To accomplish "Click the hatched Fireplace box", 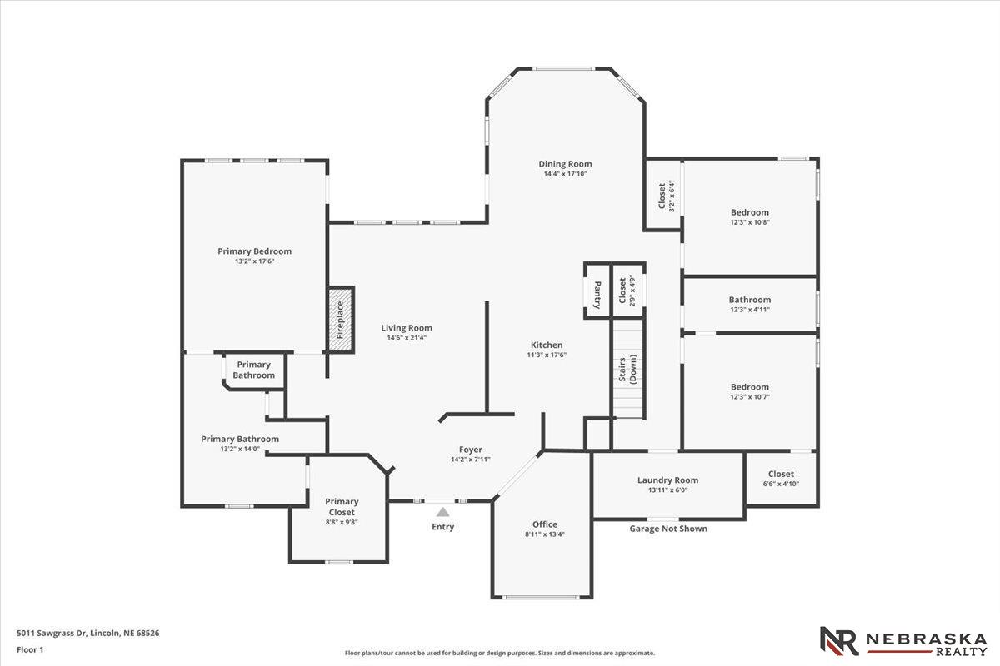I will coord(340,318).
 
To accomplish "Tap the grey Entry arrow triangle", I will coord(442,512).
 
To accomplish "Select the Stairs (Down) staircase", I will coord(629,370).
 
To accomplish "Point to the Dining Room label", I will coord(565,164).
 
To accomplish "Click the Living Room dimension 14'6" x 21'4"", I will coord(407,338).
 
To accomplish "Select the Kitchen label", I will coord(547,345).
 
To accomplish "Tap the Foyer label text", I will coord(470,450).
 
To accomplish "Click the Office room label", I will coord(545,524).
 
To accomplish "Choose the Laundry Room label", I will coord(667,480).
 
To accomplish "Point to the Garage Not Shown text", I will coord(667,529).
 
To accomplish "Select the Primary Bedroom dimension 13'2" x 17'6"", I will coord(254,261).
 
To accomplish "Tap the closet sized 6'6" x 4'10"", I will coord(781,478).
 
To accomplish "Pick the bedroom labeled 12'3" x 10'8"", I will coord(750,217).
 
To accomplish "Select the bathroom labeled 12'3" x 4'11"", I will coord(750,304).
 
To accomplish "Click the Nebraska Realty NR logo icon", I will coord(838,641).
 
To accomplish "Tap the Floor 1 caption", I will coord(30,649).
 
